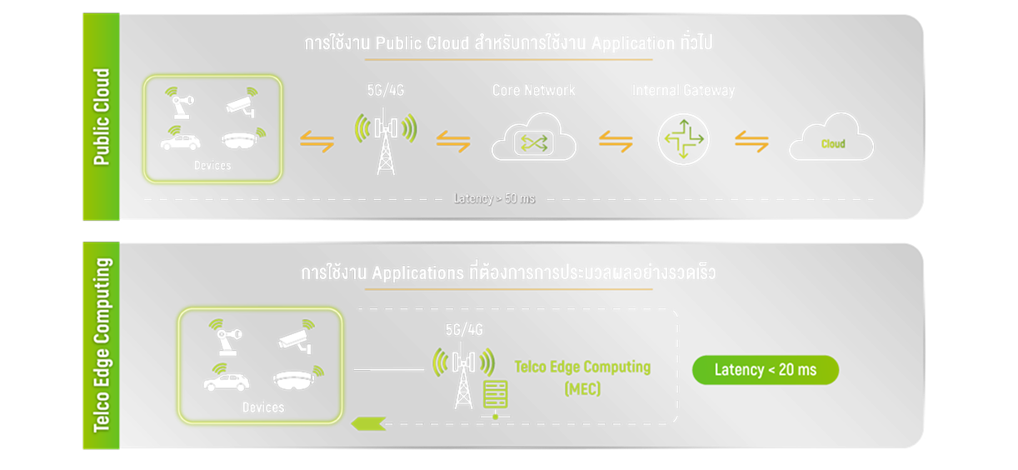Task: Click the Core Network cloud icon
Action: [534, 139]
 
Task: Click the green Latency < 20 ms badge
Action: [765, 370]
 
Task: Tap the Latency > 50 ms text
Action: [494, 198]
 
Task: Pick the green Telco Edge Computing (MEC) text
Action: [582, 377]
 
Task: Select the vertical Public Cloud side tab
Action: [101, 117]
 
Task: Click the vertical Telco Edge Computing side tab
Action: [101, 345]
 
